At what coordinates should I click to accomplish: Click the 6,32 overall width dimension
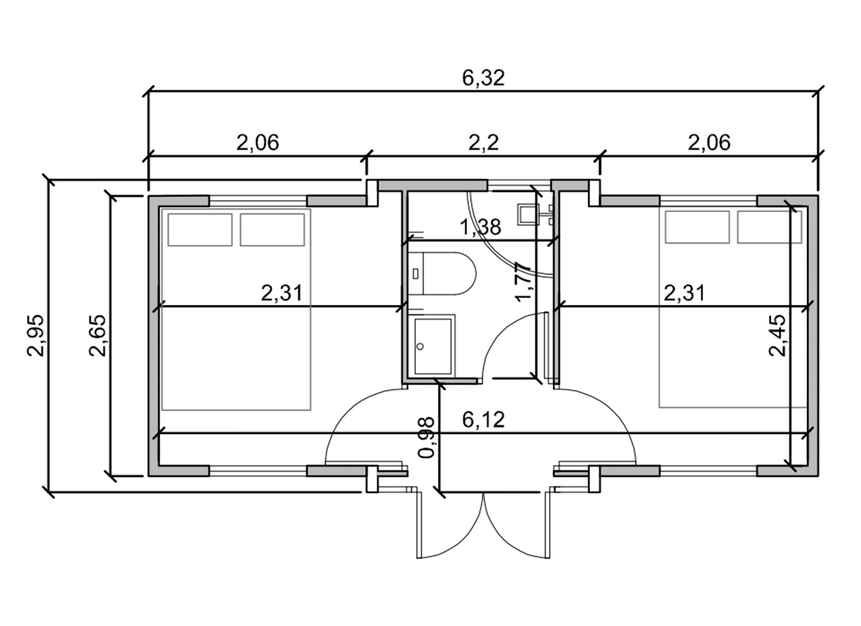483,78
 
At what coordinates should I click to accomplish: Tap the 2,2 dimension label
483,143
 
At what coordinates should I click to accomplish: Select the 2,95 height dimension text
37,335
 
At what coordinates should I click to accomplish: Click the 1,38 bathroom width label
480,227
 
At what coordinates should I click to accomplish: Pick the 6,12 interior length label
483,420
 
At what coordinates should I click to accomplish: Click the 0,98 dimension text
426,437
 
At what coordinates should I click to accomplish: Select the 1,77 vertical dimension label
523,282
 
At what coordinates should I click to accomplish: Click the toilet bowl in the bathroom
449,273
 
